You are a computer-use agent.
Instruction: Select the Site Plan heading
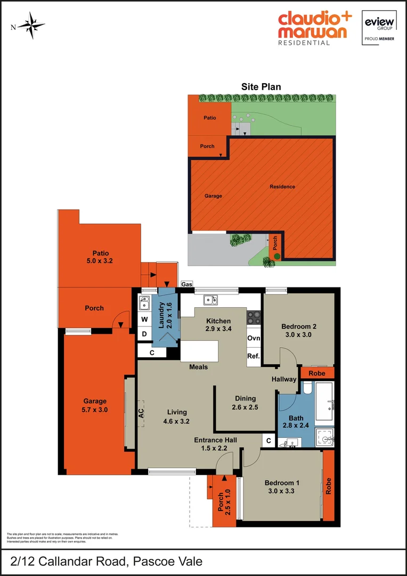pos(261,87)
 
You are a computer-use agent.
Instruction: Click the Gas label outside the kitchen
pos(186,284)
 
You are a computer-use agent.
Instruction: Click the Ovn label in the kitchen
pos(253,338)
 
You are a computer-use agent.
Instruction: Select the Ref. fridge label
pos(253,356)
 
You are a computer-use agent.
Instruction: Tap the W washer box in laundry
pos(144,320)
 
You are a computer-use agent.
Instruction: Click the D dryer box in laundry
pos(144,334)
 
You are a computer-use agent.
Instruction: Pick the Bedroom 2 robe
pos(317,373)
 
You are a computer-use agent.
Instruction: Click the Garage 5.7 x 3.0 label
pos(95,406)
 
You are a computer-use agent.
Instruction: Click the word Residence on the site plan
pos(282,187)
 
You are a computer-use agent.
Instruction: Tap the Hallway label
pos(283,380)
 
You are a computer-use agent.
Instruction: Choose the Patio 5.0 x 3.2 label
pos(100,257)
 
